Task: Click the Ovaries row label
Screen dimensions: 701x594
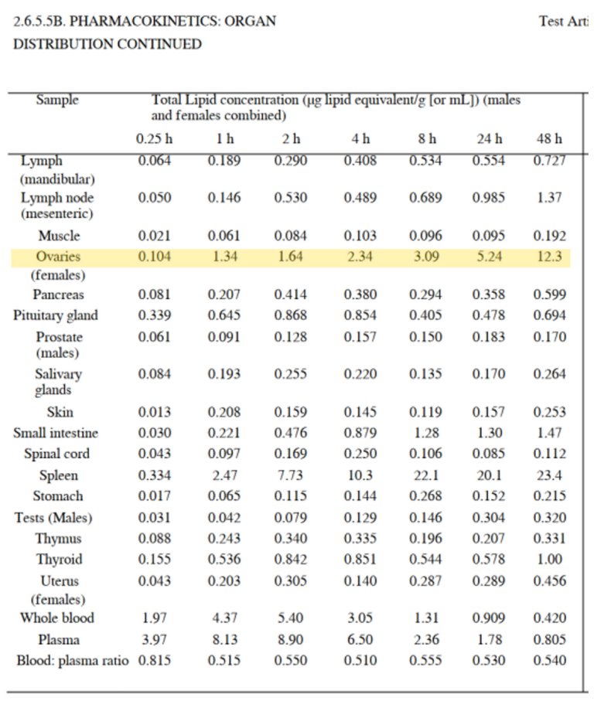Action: click(59, 257)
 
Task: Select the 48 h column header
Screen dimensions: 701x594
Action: click(549, 139)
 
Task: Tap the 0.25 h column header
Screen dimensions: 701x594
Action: click(154, 139)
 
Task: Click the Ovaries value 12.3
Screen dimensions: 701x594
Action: click(549, 257)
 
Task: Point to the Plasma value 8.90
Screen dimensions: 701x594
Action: click(291, 639)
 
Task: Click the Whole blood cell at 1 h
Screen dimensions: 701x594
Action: click(224, 618)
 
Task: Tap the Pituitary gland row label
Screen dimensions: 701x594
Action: click(56, 315)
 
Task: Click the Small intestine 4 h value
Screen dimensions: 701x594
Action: click(360, 433)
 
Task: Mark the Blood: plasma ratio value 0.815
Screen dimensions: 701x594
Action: click(154, 661)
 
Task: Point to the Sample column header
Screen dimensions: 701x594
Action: click(57, 100)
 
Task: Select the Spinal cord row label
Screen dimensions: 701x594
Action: click(56, 454)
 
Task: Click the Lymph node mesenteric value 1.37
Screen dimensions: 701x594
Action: click(549, 197)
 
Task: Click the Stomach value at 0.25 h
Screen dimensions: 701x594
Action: click(154, 496)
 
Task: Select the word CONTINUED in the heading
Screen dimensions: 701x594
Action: click(159, 44)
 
